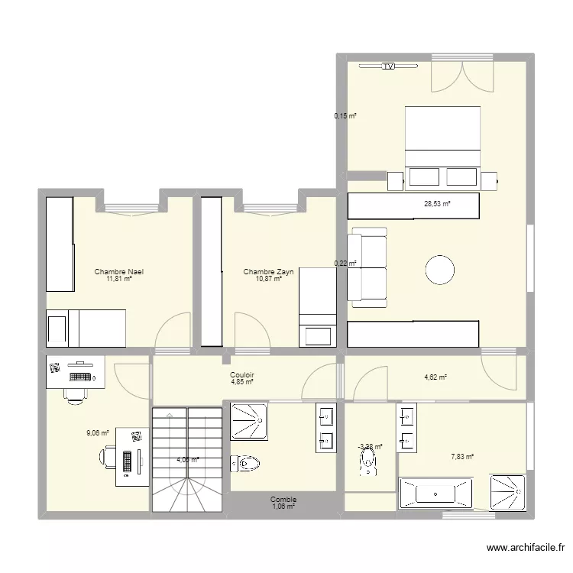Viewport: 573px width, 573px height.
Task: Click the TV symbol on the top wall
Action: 388,66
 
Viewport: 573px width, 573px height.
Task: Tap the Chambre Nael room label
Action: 119,272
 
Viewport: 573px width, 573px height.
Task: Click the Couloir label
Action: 242,375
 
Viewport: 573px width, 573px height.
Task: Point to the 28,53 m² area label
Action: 438,204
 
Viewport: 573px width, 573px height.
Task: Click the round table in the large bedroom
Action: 440,270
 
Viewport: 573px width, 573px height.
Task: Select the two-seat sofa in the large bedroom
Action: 367,264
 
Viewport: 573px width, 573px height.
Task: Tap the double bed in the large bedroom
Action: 442,145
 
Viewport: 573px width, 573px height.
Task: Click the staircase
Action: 186,459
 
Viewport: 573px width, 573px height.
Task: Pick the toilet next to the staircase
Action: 248,462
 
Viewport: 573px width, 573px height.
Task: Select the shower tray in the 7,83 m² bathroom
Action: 507,493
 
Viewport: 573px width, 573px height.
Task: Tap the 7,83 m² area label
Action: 462,457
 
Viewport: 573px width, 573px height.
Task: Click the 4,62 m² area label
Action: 435,377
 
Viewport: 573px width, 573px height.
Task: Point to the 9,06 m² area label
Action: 98,432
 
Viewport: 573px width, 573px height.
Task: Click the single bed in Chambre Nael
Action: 86,327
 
